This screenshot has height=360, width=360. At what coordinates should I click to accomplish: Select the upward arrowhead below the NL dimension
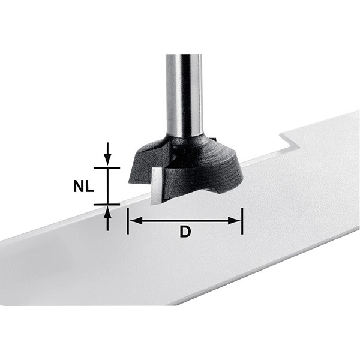[107, 211]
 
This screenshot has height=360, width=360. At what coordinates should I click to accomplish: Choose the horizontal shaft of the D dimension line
[185, 221]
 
